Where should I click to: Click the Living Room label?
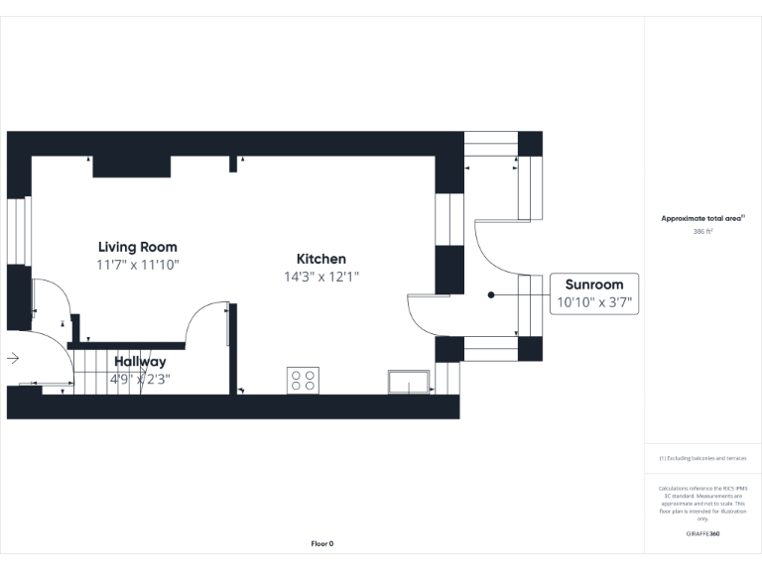[137, 247]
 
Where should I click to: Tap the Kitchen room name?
[320, 259]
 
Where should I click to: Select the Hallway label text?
[140, 362]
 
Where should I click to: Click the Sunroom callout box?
[594, 293]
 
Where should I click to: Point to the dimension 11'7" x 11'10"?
[137, 265]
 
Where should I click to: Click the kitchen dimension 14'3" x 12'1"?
[320, 277]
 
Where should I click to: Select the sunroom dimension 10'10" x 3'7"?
[594, 302]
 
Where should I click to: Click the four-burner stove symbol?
[303, 381]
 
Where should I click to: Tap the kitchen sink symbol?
[409, 382]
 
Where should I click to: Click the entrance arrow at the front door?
[13, 358]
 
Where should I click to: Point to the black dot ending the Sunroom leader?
[490, 294]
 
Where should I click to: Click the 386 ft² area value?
[702, 231]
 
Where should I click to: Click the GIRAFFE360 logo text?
[702, 534]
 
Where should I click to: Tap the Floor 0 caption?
[322, 543]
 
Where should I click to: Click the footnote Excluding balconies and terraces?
[702, 458]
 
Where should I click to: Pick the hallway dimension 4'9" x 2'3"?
[140, 378]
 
